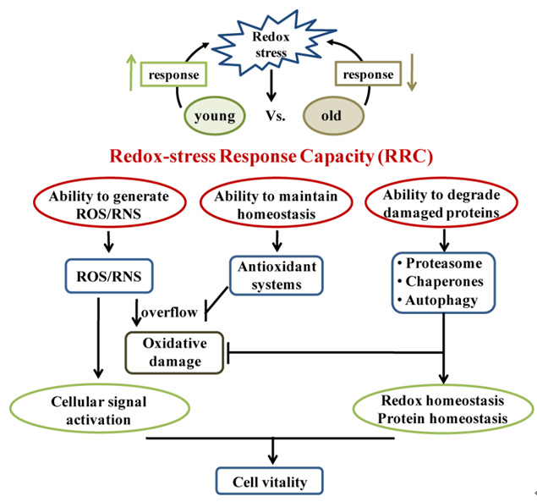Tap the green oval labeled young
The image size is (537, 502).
214,114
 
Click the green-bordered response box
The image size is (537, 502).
174,74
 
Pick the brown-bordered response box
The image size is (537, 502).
369,74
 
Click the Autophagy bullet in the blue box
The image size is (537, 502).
442,300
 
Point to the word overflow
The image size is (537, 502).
173,312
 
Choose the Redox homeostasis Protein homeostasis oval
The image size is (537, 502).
444,410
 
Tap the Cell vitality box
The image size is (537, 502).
271,483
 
